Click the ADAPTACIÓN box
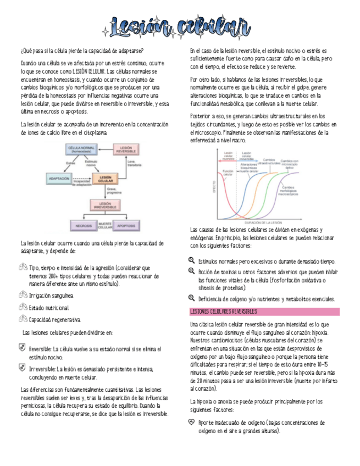point(59,179)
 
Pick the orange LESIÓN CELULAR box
point(105,179)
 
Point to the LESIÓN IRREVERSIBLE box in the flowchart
point(104,205)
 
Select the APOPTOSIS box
point(128,225)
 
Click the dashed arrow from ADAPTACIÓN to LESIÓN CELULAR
point(82,179)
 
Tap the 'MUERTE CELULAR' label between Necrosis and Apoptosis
point(105,225)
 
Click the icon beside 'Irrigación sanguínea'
point(23,296)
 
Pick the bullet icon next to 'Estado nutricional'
point(23,308)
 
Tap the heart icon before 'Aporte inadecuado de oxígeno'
point(191,423)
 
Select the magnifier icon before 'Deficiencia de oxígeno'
point(191,299)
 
